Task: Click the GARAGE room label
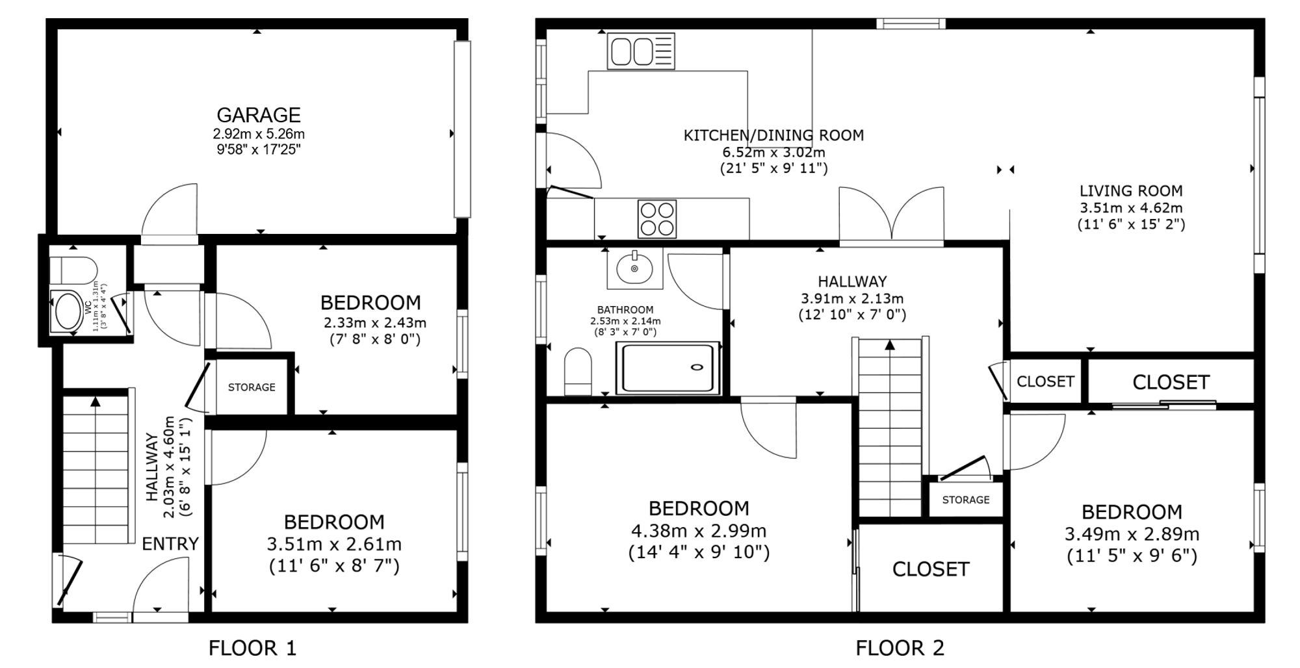(259, 115)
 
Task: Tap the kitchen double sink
(641, 51)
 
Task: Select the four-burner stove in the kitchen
(657, 219)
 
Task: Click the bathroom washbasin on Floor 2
(635, 268)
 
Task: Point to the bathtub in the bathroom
(668, 368)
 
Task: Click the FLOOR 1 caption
(252, 648)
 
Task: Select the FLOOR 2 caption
(900, 648)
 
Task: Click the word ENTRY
(170, 544)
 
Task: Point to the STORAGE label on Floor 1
(252, 387)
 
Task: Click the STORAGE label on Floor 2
(966, 500)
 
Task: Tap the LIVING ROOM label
(1131, 191)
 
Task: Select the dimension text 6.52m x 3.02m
(774, 153)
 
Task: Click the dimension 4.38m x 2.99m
(699, 531)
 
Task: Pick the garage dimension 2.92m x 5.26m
(259, 135)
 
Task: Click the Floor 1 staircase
(96, 469)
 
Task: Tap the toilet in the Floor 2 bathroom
(578, 371)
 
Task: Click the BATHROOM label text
(625, 310)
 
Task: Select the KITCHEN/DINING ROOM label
(774, 135)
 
